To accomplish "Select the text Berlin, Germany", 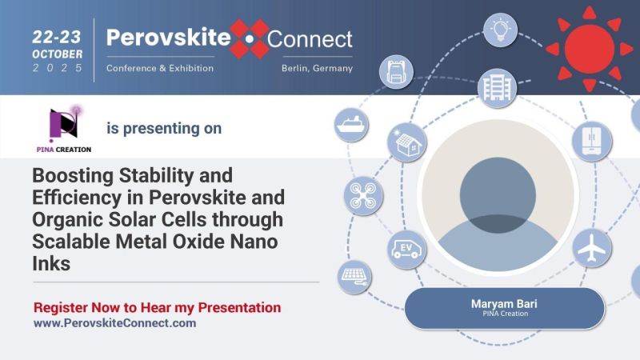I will (317, 68).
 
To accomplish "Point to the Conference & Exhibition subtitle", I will (160, 68).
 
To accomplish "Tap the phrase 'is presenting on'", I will (164, 128).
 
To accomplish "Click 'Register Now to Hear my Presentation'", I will (157, 307).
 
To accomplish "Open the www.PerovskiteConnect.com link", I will (114, 323).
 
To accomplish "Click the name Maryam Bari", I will (504, 304).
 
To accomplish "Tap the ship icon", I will (350, 126).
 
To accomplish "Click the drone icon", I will (362, 195).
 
